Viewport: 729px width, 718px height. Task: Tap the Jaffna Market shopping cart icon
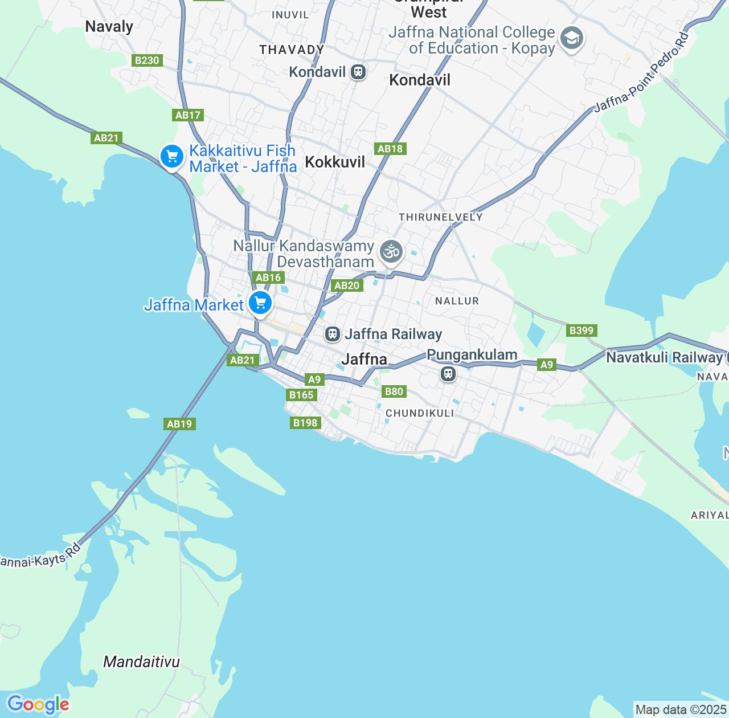(260, 303)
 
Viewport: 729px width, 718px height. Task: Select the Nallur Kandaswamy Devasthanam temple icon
(391, 251)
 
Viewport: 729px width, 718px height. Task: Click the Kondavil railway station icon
(358, 72)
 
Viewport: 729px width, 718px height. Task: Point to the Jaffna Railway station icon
(333, 334)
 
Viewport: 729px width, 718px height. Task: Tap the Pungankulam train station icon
(448, 374)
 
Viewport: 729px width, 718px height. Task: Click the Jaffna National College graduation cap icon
(571, 39)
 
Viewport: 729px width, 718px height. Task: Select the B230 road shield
(147, 60)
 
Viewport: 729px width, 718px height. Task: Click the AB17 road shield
(188, 115)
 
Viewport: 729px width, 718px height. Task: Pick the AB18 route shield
(390, 149)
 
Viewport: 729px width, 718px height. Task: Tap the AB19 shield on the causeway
(179, 424)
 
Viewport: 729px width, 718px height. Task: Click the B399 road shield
(581, 331)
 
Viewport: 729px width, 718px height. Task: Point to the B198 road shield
(306, 423)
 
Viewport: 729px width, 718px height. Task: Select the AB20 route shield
(347, 285)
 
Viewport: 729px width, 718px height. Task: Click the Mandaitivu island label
(141, 662)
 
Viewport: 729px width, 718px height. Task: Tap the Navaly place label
(109, 27)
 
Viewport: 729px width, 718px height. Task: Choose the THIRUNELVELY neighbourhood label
(440, 217)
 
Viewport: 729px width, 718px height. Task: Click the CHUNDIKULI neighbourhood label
(420, 413)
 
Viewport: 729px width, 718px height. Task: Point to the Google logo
(38, 704)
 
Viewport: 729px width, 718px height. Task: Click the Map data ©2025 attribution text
(681, 710)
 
